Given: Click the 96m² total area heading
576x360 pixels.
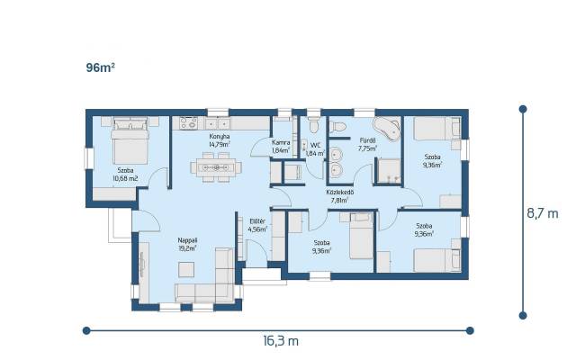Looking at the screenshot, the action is (100, 67).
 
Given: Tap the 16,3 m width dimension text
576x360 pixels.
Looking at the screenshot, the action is (281, 341).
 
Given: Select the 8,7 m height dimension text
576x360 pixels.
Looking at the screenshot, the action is (543, 213).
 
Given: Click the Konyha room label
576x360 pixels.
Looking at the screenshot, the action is (220, 137).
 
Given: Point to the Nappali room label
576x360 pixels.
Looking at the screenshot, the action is (187, 240).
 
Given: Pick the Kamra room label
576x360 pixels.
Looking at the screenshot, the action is (281, 142).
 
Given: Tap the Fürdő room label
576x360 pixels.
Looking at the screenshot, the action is (367, 140).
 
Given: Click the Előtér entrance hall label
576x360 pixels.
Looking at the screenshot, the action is (257, 221).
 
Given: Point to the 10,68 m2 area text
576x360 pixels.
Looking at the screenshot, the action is (125, 178).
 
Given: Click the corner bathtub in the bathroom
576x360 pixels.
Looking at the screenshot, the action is (386, 128).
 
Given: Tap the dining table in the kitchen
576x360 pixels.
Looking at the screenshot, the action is (216, 167).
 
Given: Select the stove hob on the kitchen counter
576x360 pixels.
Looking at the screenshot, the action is (188, 123).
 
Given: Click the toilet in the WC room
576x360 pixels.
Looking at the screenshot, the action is (313, 124).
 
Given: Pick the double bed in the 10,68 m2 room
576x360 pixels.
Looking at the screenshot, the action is (130, 140).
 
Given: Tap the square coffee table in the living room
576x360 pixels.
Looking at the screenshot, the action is (186, 270).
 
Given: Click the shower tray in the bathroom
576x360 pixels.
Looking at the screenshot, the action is (389, 171).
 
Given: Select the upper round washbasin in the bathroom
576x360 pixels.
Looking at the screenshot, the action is (336, 155).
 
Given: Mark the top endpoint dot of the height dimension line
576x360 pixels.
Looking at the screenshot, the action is (523, 109).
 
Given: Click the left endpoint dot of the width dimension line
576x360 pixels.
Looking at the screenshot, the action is (86, 330).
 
